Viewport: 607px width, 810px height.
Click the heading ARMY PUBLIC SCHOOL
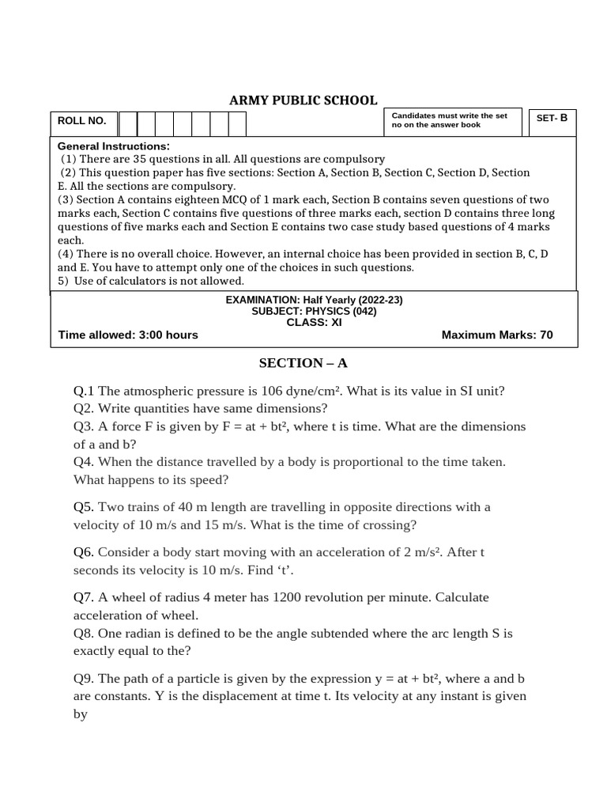click(x=303, y=100)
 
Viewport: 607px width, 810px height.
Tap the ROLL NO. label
click(x=83, y=122)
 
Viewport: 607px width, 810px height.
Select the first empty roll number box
click(x=128, y=123)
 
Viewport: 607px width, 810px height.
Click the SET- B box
click(x=552, y=119)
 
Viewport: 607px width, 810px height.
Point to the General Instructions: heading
click(x=114, y=146)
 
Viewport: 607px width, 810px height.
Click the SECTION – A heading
click(x=303, y=363)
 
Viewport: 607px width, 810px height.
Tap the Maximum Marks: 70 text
click(x=497, y=335)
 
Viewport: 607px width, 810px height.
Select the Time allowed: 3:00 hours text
click(x=128, y=335)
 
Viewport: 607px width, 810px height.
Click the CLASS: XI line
click(x=314, y=323)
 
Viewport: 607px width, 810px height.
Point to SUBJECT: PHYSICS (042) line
click(x=314, y=312)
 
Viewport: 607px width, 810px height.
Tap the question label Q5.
click(x=84, y=507)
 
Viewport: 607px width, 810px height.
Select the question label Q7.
click(x=84, y=598)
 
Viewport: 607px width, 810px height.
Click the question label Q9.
click(x=84, y=679)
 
